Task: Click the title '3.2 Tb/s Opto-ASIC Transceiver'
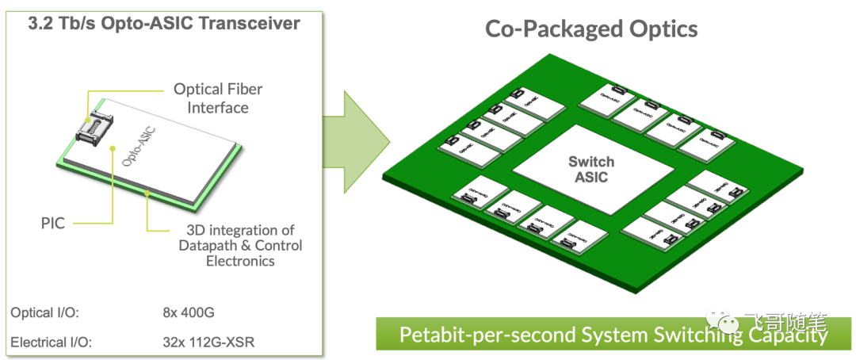163,23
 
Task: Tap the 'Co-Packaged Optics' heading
591,29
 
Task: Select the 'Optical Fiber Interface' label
218,98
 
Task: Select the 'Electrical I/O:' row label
51,343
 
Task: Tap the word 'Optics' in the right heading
663,29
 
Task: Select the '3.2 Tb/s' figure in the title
58,23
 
